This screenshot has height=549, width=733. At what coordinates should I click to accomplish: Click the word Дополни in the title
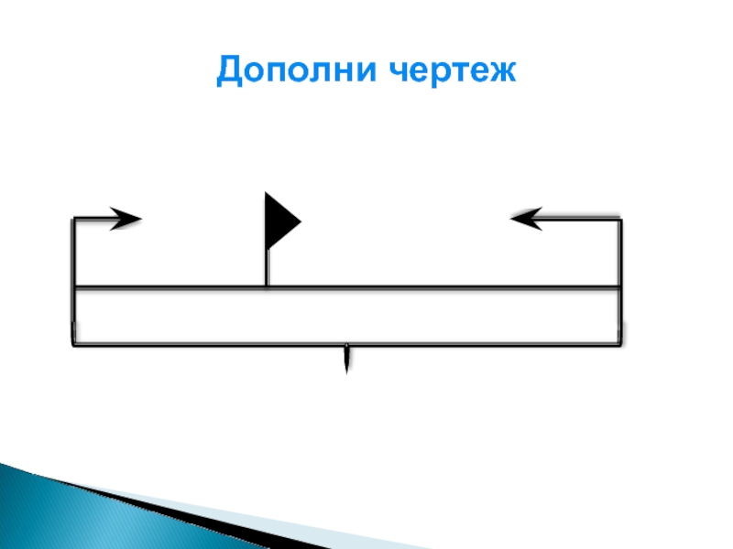[x=296, y=70]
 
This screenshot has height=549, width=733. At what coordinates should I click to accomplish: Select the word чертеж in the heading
[x=453, y=71]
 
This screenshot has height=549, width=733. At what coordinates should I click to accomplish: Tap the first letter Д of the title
[x=230, y=71]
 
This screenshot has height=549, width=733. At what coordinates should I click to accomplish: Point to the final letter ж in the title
[x=499, y=71]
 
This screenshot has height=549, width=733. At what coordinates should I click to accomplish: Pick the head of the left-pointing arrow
[x=526, y=219]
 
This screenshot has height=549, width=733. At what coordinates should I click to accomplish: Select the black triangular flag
[x=282, y=221]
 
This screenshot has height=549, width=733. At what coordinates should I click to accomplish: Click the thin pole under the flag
[x=267, y=268]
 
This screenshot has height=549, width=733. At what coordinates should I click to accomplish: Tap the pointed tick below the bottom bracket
[x=346, y=359]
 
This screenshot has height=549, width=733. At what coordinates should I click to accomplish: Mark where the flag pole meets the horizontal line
[x=267, y=286]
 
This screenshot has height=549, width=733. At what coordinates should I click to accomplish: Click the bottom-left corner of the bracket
[x=74, y=345]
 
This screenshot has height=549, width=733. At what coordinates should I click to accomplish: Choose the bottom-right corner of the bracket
[x=620, y=345]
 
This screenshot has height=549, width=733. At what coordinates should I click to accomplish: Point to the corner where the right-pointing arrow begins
[x=73, y=219]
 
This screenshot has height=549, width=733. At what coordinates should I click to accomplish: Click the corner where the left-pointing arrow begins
[x=620, y=219]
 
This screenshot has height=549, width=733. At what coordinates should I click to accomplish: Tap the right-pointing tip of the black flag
[x=301, y=221]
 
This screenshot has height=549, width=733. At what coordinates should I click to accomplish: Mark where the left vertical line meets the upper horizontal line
[x=74, y=286]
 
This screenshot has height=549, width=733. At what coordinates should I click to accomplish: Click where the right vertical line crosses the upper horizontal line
[x=620, y=286]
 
